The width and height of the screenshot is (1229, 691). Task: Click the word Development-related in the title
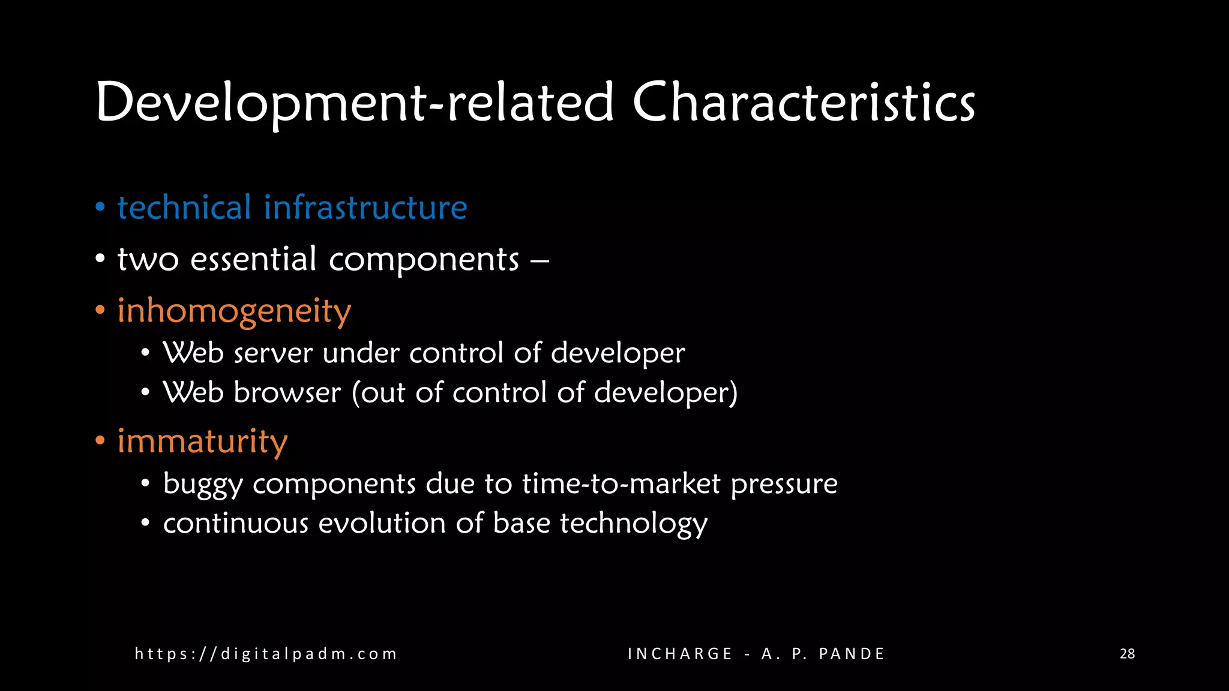[355, 103]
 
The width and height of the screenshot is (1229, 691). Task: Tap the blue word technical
[184, 208]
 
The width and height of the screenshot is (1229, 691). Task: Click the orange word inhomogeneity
[234, 311]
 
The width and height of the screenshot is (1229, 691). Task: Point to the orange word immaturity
[202, 442]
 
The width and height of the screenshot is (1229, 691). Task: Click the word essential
[253, 259]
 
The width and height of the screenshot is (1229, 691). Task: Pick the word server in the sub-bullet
[273, 353]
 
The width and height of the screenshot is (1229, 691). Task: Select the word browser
[287, 393]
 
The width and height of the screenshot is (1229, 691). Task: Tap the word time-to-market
[621, 483]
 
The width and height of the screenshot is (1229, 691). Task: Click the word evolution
[382, 523]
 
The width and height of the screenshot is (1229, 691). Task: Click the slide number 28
[1127, 654]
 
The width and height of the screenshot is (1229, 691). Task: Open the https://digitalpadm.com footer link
[266, 654]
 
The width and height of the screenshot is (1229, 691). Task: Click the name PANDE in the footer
[852, 654]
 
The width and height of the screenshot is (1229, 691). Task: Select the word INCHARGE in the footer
[680, 654]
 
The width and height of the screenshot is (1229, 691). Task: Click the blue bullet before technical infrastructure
[100, 208]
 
